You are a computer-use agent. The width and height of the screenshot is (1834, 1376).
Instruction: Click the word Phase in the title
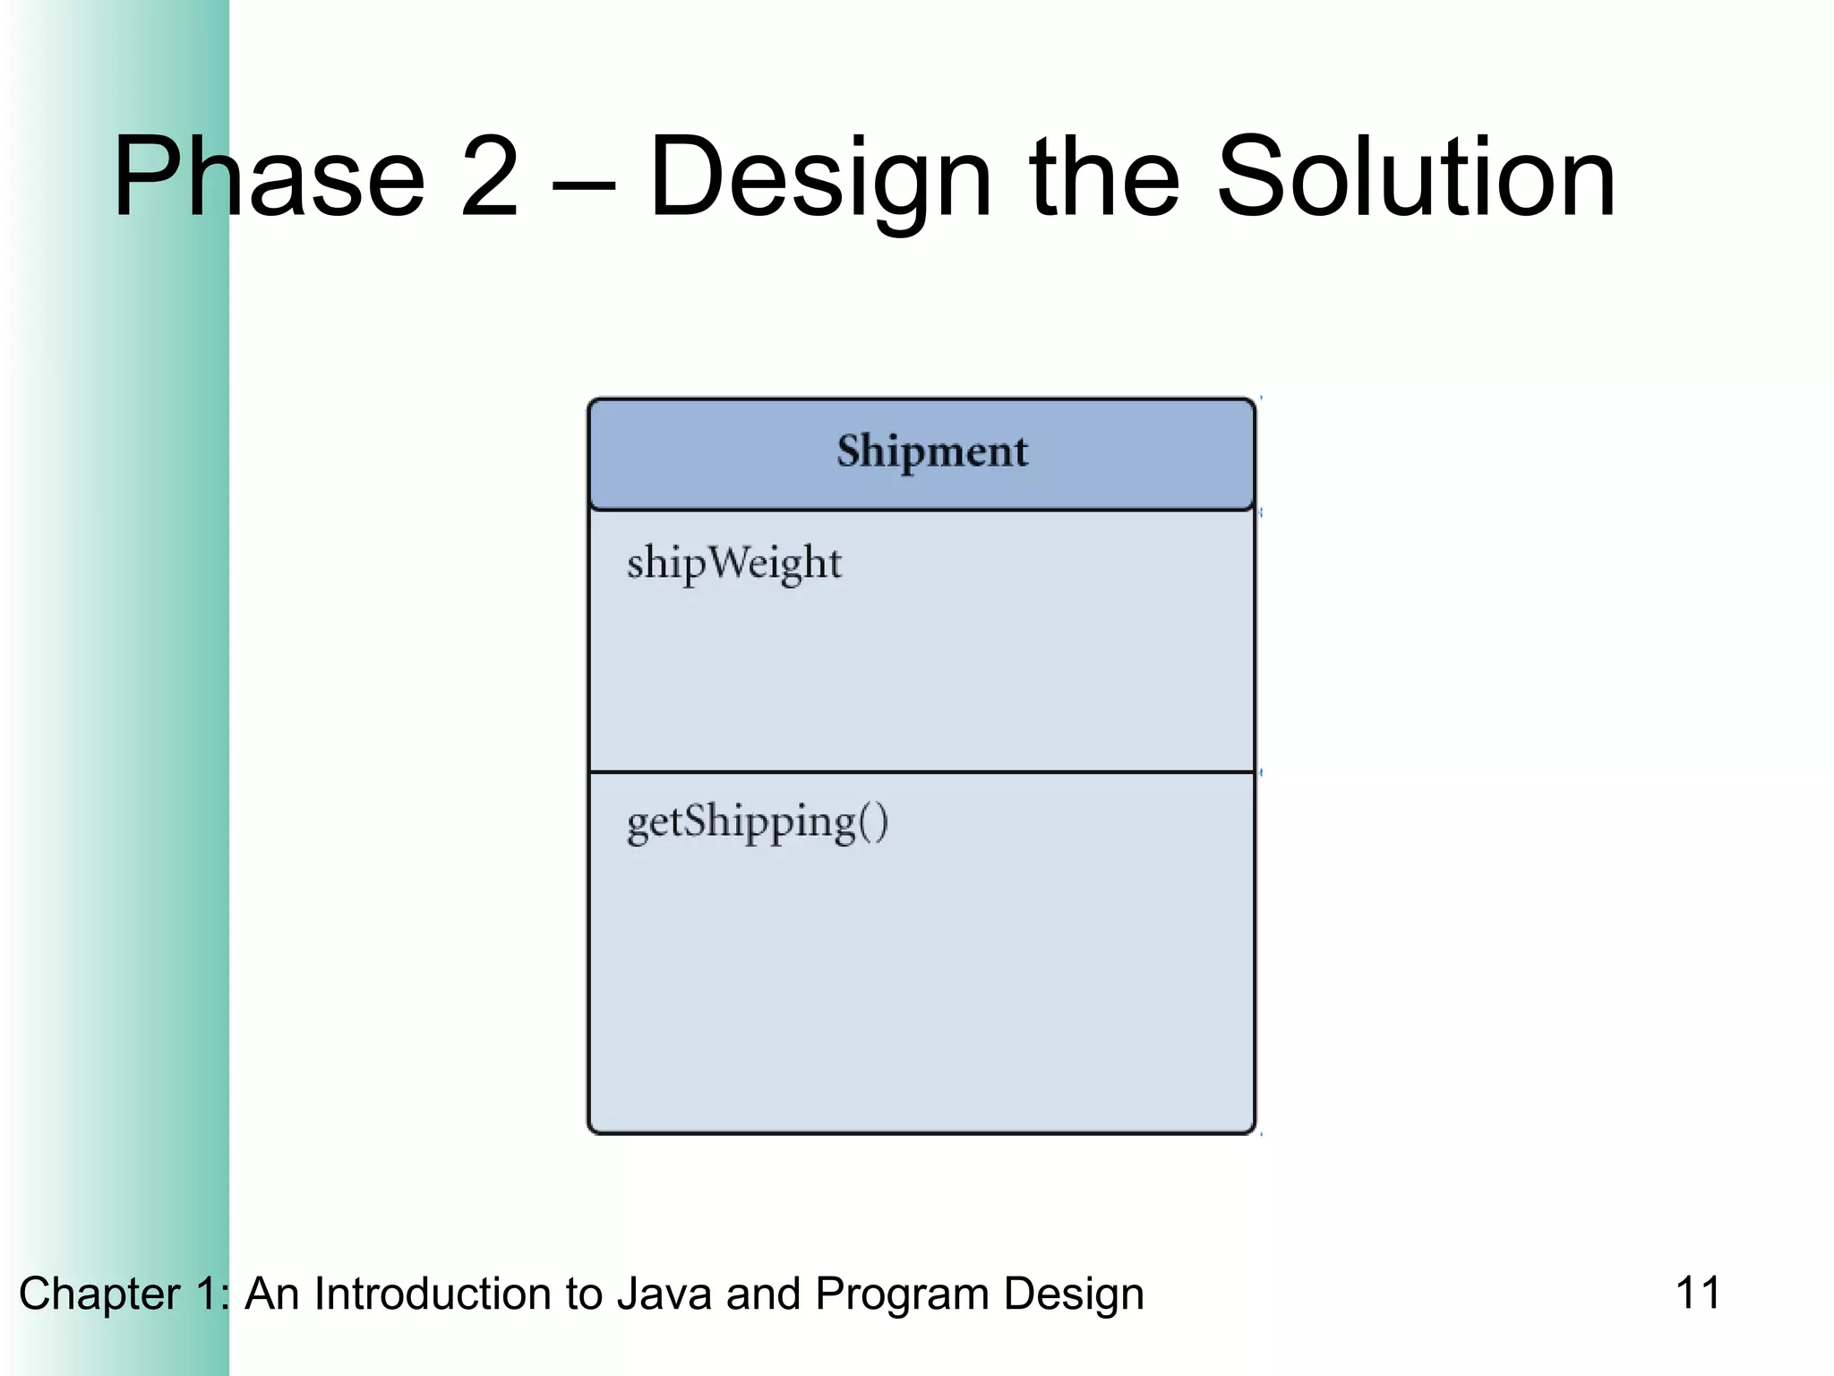tap(269, 176)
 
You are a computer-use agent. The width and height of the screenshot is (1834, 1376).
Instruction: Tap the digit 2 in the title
tap(488, 176)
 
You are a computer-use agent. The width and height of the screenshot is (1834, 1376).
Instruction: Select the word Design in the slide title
tap(819, 176)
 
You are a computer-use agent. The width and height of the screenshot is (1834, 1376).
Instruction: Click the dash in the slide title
tap(583, 184)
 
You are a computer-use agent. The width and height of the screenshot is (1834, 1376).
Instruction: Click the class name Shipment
tap(931, 451)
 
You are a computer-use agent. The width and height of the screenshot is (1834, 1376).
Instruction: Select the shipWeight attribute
tap(733, 563)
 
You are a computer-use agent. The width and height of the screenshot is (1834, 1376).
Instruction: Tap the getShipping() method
tap(757, 822)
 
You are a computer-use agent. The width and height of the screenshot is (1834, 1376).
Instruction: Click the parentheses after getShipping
tap(873, 822)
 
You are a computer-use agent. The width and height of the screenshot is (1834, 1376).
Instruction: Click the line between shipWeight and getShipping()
tap(921, 771)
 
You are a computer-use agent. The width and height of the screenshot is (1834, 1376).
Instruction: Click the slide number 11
tap(1697, 1293)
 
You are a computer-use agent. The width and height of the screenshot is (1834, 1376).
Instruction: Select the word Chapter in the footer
tap(99, 1294)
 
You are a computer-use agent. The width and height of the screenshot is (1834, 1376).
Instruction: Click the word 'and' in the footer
tap(763, 1294)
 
